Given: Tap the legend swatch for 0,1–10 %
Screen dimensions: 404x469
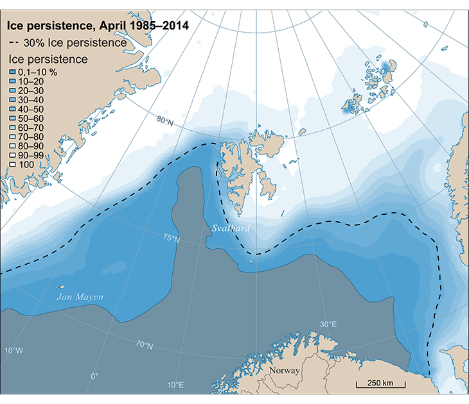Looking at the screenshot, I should click(x=12, y=72).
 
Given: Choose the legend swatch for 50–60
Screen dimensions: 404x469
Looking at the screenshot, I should click(x=12, y=119).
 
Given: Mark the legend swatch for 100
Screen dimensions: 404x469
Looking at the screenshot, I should click(x=12, y=165).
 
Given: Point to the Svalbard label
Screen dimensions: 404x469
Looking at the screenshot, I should click(x=231, y=228).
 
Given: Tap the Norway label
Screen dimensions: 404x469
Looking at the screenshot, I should click(x=285, y=371).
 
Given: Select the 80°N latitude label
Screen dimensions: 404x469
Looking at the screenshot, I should click(x=165, y=121).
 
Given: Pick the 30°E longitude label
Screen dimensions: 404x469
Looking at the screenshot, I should click(x=328, y=324).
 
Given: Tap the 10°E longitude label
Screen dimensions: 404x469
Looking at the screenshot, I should click(x=175, y=385).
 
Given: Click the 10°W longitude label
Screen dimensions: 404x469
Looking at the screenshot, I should click(x=13, y=350).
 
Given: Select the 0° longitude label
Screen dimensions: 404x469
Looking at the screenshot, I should click(x=94, y=376).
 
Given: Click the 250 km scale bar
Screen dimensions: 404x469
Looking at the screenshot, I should click(x=380, y=385).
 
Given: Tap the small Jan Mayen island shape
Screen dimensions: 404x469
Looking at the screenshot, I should click(x=62, y=287).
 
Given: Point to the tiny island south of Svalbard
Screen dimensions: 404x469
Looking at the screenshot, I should click(x=251, y=261).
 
